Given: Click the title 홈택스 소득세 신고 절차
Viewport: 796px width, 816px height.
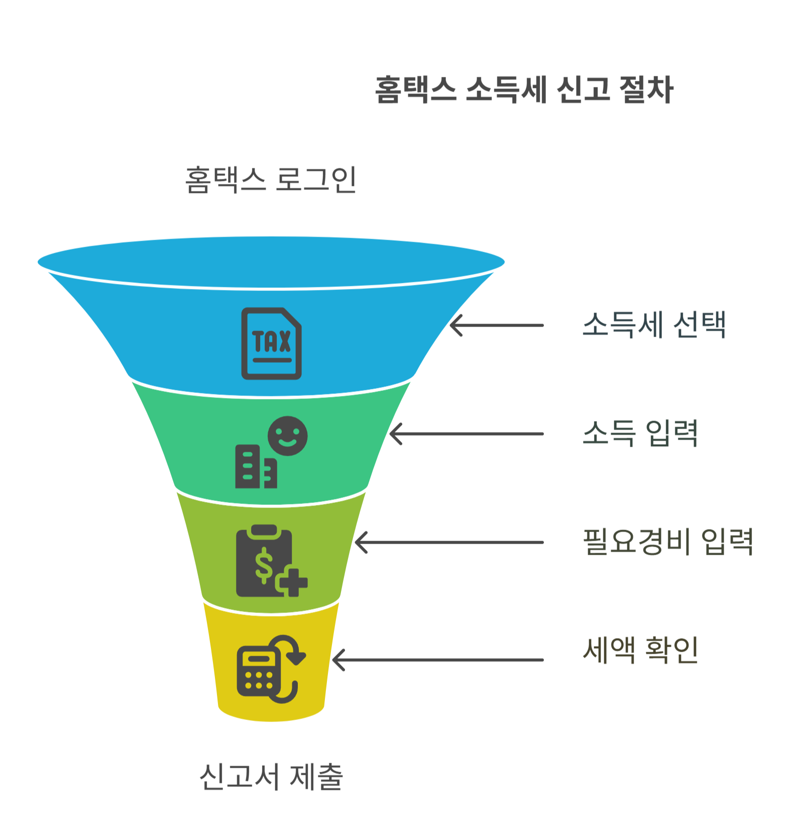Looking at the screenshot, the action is coord(524,90).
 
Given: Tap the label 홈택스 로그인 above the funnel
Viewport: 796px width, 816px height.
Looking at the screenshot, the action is coord(271,180).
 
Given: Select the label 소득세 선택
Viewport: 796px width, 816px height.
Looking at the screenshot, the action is coord(654,325).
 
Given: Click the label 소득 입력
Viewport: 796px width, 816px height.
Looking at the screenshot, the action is coord(640,433).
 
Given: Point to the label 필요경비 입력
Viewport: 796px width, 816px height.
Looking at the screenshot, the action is coord(668,542).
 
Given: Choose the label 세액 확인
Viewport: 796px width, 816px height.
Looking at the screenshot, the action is coord(640,650).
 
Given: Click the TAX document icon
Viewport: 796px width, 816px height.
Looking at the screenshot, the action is coord(271,343).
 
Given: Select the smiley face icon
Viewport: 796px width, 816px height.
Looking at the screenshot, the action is coord(287,436).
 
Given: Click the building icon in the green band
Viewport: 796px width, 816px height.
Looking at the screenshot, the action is coord(255,467).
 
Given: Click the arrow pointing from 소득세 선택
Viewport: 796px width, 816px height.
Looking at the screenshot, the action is coord(496,325).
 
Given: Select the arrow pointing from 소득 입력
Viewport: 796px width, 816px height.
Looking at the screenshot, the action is coord(466,434).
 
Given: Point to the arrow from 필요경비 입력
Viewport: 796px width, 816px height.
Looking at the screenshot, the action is coord(448,542).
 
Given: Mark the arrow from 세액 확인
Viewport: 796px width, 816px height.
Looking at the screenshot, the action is coord(437,660).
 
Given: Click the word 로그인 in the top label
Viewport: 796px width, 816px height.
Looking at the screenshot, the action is coord(316,180).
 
